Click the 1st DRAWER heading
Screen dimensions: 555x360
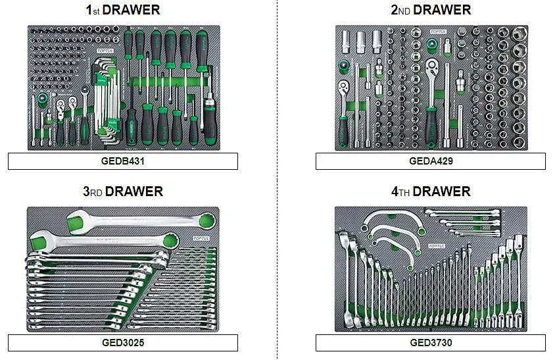[123, 10]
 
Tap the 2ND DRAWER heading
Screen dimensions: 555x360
[431, 10]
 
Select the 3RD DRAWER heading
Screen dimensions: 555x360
[123, 192]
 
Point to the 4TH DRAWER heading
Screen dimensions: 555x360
[431, 192]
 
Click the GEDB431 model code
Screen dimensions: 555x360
[123, 161]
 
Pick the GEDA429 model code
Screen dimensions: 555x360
[431, 161]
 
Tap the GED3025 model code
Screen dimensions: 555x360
[123, 343]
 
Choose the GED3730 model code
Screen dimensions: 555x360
[431, 343]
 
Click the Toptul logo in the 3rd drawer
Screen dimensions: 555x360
[201, 238]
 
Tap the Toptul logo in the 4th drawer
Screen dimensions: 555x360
[437, 246]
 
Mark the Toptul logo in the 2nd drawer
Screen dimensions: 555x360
[438, 32]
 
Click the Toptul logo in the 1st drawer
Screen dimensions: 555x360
[105, 51]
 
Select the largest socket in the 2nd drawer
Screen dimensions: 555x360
[519, 34]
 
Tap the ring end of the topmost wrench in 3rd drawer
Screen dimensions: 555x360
[206, 222]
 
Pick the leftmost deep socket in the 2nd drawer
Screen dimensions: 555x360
[346, 42]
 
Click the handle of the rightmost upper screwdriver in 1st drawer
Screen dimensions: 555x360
[202, 52]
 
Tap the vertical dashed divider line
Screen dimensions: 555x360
[277, 180]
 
